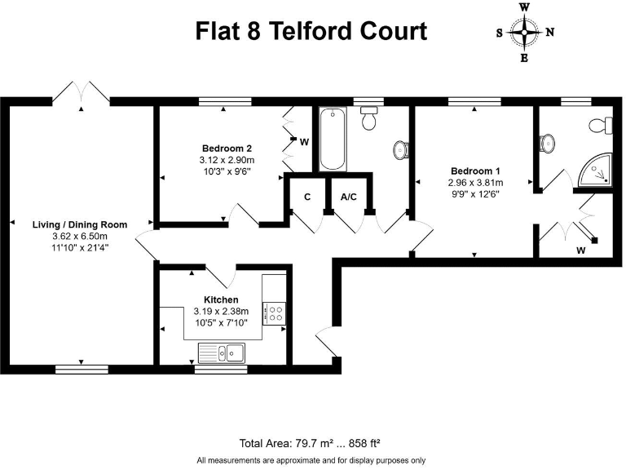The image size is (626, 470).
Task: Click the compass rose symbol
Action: [525, 33]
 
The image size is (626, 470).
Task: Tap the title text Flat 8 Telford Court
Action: [311, 32]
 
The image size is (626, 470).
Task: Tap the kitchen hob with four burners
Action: [273, 312]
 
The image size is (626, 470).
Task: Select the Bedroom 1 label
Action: [476, 171]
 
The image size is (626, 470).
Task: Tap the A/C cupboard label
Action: [348, 197]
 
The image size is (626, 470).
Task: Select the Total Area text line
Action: [311, 444]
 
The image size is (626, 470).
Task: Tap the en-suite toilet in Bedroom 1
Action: [604, 125]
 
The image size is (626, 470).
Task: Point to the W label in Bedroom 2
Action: [303, 142]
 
